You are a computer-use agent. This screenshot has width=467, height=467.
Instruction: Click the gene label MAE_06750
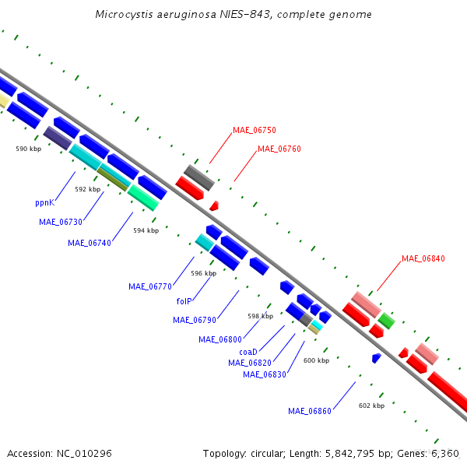click(255, 130)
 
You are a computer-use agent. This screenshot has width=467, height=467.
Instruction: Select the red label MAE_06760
click(279, 149)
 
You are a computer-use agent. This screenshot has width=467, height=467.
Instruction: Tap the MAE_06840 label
click(423, 258)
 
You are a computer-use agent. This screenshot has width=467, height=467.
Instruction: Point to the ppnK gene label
click(45, 203)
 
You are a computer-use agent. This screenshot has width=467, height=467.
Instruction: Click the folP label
click(184, 301)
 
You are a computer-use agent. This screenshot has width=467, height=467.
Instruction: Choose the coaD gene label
click(248, 352)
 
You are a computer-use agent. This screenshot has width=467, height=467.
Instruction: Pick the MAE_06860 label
click(310, 411)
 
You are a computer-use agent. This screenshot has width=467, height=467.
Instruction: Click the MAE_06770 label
click(150, 286)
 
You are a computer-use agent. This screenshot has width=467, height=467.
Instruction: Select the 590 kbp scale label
click(29, 149)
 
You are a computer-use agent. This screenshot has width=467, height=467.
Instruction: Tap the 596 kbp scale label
click(204, 273)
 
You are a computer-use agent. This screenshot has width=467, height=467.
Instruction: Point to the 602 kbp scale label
click(372, 406)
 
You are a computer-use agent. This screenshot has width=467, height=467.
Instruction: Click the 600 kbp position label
click(316, 360)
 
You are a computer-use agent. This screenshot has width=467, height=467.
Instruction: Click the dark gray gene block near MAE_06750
click(199, 177)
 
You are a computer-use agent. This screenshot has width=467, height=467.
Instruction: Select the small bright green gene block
click(386, 321)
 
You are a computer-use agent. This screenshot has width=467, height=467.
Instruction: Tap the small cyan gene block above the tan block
click(317, 325)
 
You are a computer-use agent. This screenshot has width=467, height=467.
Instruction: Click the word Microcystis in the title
click(125, 14)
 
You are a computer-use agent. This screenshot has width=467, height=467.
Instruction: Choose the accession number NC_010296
click(84, 453)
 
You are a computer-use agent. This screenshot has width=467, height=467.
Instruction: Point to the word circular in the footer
click(266, 453)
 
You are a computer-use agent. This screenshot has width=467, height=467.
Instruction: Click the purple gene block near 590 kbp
click(58, 138)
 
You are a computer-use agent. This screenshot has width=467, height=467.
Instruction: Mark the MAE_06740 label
click(90, 243)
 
